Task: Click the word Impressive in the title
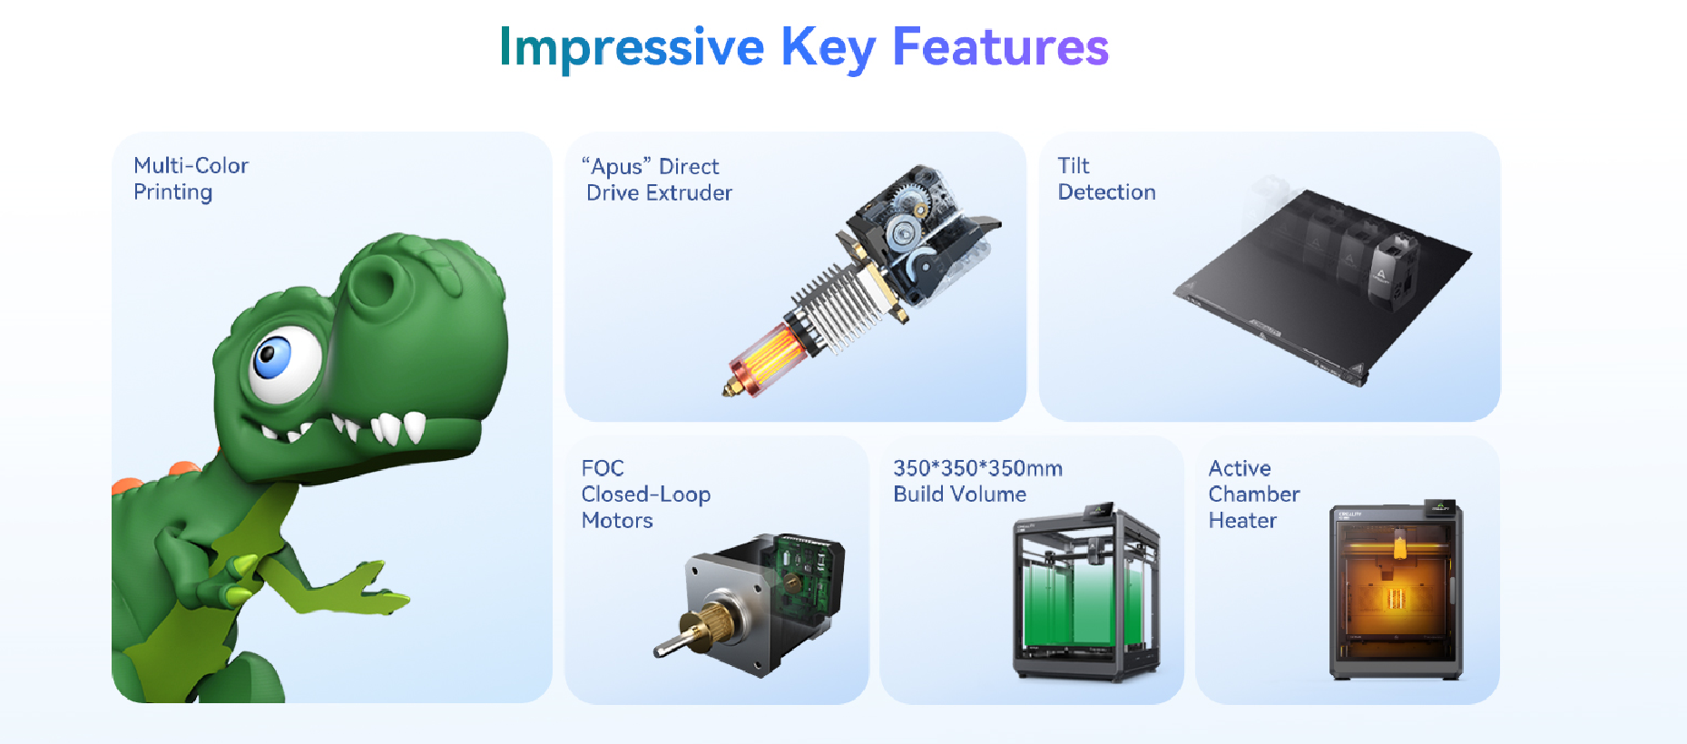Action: pos(632,48)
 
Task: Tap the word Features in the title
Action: pos(1001,46)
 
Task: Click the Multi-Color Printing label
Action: pos(191,179)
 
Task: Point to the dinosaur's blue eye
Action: pos(271,357)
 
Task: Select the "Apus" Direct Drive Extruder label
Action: pos(657,180)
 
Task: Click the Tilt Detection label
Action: pos(1106,179)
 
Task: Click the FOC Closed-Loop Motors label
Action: pos(645,494)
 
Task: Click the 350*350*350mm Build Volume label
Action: pos(977,481)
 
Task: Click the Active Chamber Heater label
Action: pos(1253,494)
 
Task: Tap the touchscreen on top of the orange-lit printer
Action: pos(1440,506)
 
